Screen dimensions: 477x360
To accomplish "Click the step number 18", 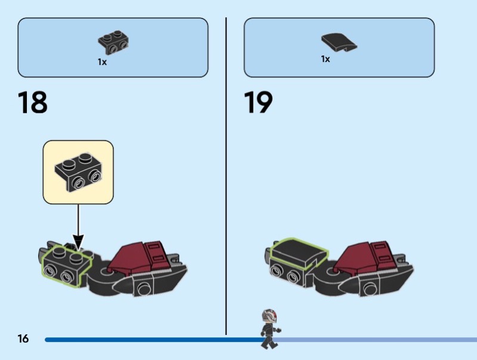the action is click(33, 102).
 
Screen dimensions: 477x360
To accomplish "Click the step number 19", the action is click(258, 102).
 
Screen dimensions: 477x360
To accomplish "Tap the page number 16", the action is click(23, 339).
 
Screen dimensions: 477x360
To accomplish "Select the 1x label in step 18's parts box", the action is click(102, 62).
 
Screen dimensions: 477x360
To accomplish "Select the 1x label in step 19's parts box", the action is click(326, 59).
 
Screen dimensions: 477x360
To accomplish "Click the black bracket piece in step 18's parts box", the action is click(113, 42).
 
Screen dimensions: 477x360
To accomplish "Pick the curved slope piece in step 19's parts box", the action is click(339, 42).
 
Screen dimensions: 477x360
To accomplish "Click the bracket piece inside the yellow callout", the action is click(78, 172).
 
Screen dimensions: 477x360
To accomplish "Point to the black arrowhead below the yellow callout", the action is click(78, 243).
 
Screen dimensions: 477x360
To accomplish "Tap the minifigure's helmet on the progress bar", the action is click(270, 317).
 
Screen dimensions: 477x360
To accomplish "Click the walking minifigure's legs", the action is click(269, 341).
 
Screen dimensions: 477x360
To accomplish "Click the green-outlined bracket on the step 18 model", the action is click(67, 266).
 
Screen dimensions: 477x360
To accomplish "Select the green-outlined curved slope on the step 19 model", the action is click(299, 252).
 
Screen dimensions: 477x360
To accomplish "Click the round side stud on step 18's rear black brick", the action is click(144, 288).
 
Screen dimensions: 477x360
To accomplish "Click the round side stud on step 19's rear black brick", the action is click(369, 289).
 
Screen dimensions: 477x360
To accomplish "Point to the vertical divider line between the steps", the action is click(226, 176).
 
